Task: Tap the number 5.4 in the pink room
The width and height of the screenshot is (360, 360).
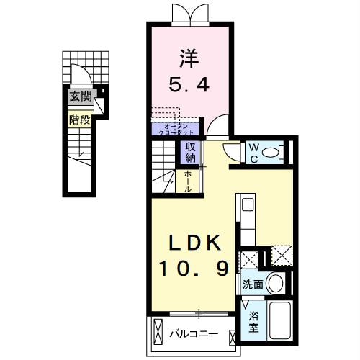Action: (x=190, y=86)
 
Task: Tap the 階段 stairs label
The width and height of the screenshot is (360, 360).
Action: (x=80, y=120)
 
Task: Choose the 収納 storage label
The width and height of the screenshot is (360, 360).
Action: (x=191, y=153)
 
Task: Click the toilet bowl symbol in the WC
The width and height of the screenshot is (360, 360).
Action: (x=273, y=153)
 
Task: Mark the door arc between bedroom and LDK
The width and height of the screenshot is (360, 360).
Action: (x=215, y=127)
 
